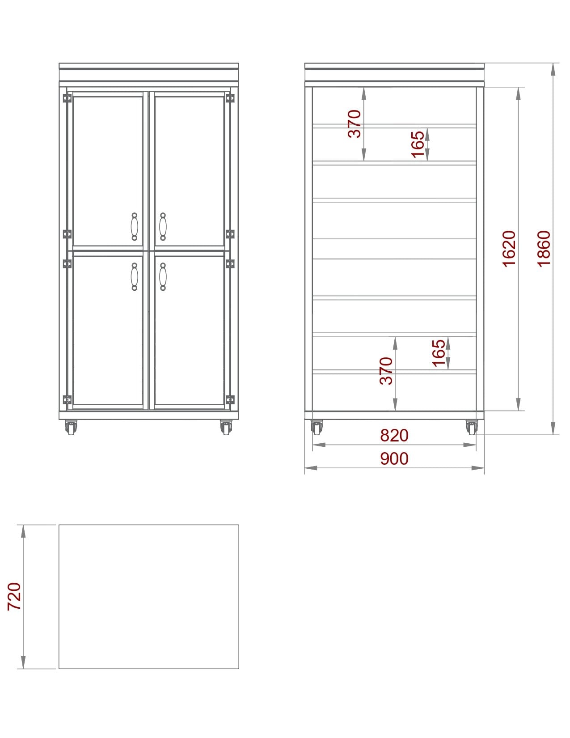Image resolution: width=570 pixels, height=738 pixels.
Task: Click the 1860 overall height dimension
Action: coord(544,249)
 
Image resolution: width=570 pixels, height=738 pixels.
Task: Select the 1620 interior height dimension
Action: coord(509,249)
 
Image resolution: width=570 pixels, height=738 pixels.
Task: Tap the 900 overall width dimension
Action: coord(394,458)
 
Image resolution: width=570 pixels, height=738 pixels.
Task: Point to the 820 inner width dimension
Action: coord(394,435)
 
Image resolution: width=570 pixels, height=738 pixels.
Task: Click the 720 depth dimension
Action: coord(14,596)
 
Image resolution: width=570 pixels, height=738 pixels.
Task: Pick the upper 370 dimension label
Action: coord(355,123)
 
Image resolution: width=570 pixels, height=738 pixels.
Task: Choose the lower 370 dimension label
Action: coord(386,371)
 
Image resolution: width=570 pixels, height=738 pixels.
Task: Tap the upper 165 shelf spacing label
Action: coord(418,144)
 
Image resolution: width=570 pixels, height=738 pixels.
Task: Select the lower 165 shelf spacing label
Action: coord(439,353)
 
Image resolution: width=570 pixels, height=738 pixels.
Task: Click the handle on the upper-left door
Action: coord(135,226)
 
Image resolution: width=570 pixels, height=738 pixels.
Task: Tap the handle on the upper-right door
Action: coord(163,226)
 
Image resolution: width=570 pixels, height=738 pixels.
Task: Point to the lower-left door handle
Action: coord(135,277)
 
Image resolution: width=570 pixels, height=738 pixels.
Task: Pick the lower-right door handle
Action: coord(163,277)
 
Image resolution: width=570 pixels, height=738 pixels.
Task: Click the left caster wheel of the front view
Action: coord(71,427)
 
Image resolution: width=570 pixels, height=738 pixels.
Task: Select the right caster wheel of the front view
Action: coord(227,427)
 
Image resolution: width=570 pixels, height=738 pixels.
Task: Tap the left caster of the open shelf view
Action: coord(317,427)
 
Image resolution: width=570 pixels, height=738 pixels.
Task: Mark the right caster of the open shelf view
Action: coord(472,427)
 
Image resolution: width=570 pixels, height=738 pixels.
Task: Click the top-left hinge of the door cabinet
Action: coord(67,98)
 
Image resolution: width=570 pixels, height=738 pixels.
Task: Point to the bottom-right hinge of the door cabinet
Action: coord(230,400)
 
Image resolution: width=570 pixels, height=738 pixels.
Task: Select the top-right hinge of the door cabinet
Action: coord(230,98)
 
